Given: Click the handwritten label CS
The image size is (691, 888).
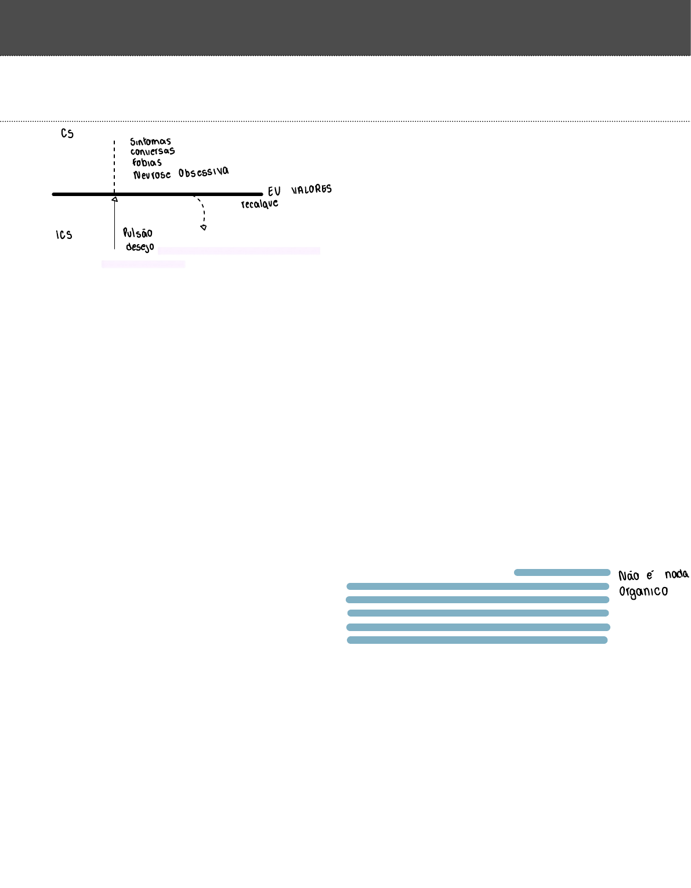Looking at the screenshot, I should (67, 134).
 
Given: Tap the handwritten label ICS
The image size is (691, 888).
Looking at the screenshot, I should (64, 235).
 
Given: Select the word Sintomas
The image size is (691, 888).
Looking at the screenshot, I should (150, 142).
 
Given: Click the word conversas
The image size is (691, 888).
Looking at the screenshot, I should (152, 152).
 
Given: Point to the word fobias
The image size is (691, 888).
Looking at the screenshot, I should (147, 163).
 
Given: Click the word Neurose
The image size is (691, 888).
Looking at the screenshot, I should (152, 175).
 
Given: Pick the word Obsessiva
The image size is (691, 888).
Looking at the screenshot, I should (204, 172).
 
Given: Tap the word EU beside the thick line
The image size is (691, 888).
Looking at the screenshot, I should (274, 191).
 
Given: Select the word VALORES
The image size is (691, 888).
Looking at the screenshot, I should (312, 190).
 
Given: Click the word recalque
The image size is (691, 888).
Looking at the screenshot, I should (259, 204).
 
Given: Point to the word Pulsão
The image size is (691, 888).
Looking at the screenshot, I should (138, 233).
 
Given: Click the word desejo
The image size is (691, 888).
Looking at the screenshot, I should (140, 247).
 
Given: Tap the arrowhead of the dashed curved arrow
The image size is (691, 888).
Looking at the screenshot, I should (204, 227).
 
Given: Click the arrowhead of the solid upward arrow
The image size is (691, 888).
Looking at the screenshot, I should (114, 200).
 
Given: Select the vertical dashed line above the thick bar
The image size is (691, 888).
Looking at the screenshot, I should (114, 165).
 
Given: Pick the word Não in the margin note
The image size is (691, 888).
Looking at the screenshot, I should (629, 576).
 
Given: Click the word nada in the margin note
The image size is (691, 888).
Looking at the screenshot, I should (676, 574).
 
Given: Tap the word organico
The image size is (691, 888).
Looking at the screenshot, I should (643, 592).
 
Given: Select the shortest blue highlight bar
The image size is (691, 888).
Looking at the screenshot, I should (562, 572).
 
